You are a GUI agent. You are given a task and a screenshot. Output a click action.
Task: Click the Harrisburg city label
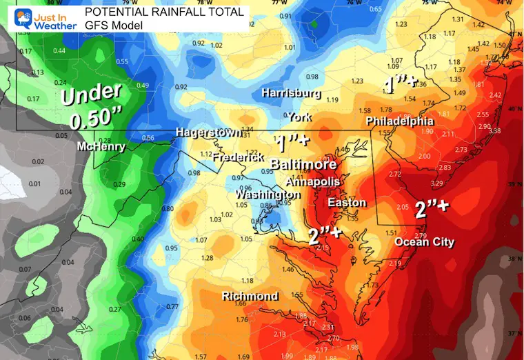click(x=290, y=92)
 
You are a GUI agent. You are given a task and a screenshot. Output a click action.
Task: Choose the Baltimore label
click(x=303, y=166)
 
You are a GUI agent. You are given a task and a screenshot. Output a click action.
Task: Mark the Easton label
click(x=343, y=203)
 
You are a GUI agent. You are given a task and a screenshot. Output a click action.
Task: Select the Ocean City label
click(x=424, y=242)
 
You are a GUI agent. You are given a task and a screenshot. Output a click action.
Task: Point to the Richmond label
click(x=250, y=297)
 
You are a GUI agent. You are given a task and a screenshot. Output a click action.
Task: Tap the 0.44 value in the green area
click(x=59, y=50)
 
